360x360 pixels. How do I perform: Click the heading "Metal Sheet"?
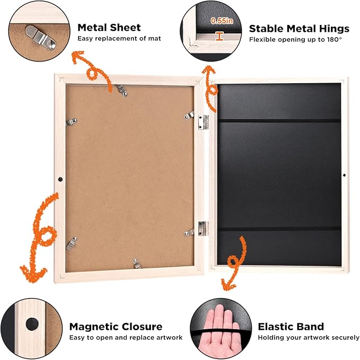pyautogui.click(x=109, y=28)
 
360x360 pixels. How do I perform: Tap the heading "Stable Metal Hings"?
pyautogui.click(x=299, y=29)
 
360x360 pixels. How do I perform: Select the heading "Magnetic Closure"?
pyautogui.click(x=116, y=327)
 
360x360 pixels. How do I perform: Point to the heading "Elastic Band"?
pyautogui.click(x=291, y=327)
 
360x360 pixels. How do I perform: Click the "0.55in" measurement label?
pyautogui.click(x=222, y=21)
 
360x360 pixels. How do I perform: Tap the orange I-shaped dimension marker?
pyautogui.click(x=219, y=37)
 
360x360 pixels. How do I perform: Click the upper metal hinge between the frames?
pyautogui.click(x=204, y=122)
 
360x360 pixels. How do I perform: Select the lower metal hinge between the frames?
pyautogui.click(x=204, y=229)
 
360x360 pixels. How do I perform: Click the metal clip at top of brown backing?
pyautogui.click(x=121, y=91)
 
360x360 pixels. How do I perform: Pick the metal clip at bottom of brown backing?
pyautogui.click(x=136, y=264)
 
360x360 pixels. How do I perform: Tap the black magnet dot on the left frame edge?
pyautogui.click(x=60, y=179)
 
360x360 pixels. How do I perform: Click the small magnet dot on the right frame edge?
pyautogui.click(x=344, y=175)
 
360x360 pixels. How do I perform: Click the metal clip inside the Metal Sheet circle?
pyautogui.click(x=41, y=38)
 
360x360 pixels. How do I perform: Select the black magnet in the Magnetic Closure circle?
pyautogui.click(x=32, y=324)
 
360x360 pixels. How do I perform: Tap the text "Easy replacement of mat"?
pyautogui.click(x=119, y=38)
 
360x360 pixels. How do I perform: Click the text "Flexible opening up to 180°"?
pyautogui.click(x=296, y=39)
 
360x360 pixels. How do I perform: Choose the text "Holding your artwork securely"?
pyautogui.click(x=309, y=338)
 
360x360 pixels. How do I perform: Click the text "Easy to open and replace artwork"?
pyautogui.click(x=126, y=338)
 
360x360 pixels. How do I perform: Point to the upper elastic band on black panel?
pyautogui.click(x=279, y=121)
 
